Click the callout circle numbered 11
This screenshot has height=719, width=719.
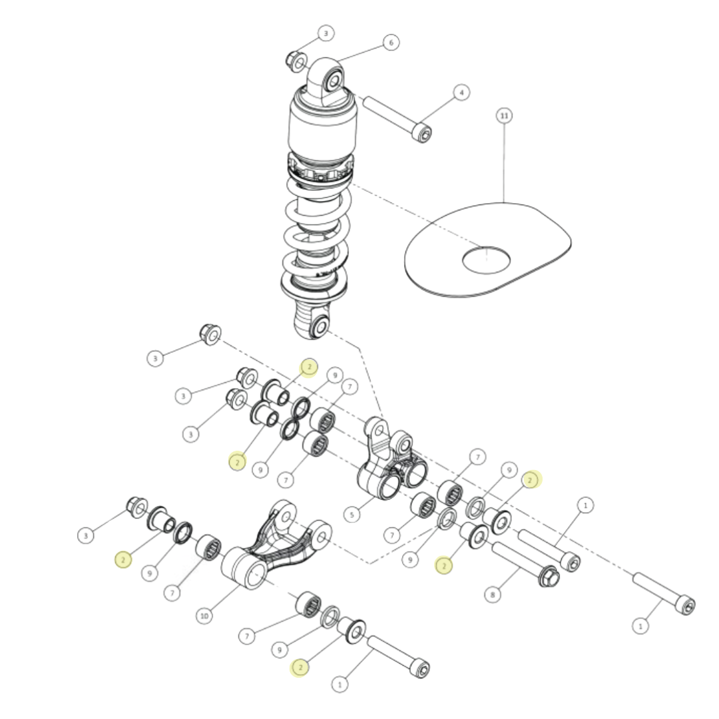click(x=504, y=116)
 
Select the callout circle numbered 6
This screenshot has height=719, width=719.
click(x=391, y=43)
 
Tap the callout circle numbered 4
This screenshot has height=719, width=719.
click(x=461, y=93)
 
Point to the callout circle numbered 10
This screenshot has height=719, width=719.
click(x=204, y=616)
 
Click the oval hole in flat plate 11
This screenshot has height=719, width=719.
click(x=486, y=260)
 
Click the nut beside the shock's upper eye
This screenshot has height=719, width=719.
click(x=296, y=61)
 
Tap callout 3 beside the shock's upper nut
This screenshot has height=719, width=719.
click(x=326, y=33)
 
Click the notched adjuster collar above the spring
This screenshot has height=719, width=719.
click(x=321, y=170)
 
